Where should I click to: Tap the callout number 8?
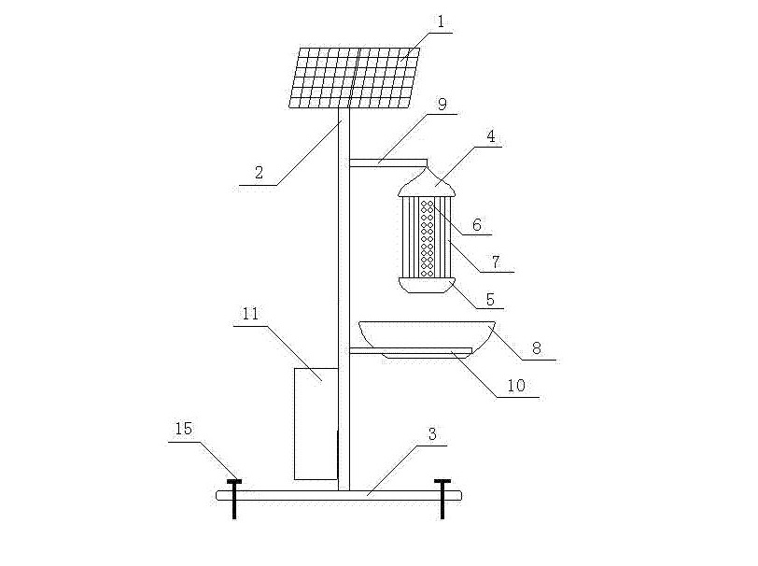(x=537, y=347)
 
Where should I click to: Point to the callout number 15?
(x=183, y=428)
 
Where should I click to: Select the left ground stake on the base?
(x=233, y=499)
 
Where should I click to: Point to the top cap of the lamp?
(x=427, y=180)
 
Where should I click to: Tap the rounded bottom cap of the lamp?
(x=427, y=284)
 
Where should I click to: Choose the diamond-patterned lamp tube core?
(x=428, y=237)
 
